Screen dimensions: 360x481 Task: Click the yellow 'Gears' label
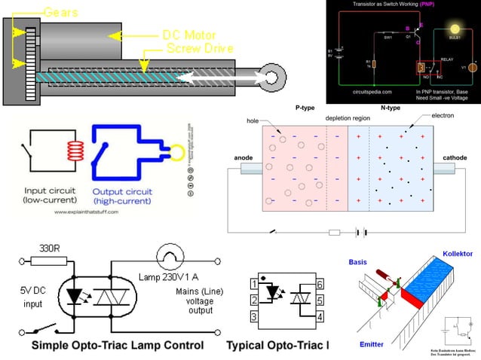click(x=60, y=13)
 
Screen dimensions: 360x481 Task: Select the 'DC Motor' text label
click(x=189, y=35)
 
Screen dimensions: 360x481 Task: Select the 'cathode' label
click(x=455, y=157)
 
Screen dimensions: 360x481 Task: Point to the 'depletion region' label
click(x=347, y=119)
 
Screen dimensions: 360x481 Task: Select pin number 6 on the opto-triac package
click(x=320, y=284)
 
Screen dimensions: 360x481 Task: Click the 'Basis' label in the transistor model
click(x=357, y=263)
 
